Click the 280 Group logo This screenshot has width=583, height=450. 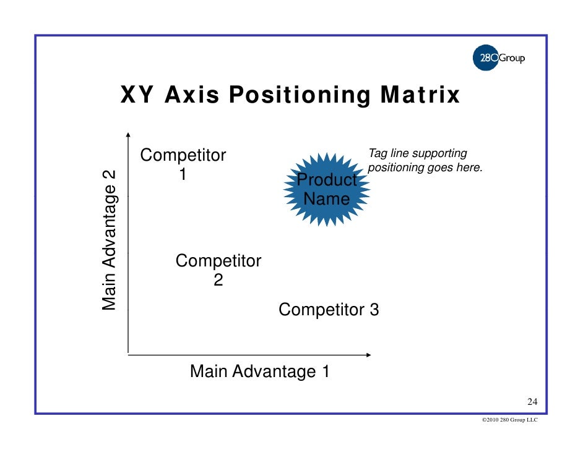tap(498, 59)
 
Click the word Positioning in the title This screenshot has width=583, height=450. tap(300, 96)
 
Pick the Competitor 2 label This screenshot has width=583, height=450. tap(218, 270)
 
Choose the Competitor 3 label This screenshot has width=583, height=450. tap(329, 309)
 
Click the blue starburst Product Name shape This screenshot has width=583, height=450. tap(327, 189)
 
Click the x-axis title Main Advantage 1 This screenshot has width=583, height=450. tap(259, 371)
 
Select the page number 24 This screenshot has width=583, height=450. tap(532, 403)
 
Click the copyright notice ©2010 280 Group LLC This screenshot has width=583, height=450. tap(509, 420)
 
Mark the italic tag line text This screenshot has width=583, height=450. tap(425, 161)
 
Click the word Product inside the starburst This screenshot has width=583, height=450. tap(327, 180)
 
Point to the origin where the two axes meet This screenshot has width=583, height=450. tap(128, 354)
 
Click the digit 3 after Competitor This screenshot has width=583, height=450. tap(374, 309)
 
